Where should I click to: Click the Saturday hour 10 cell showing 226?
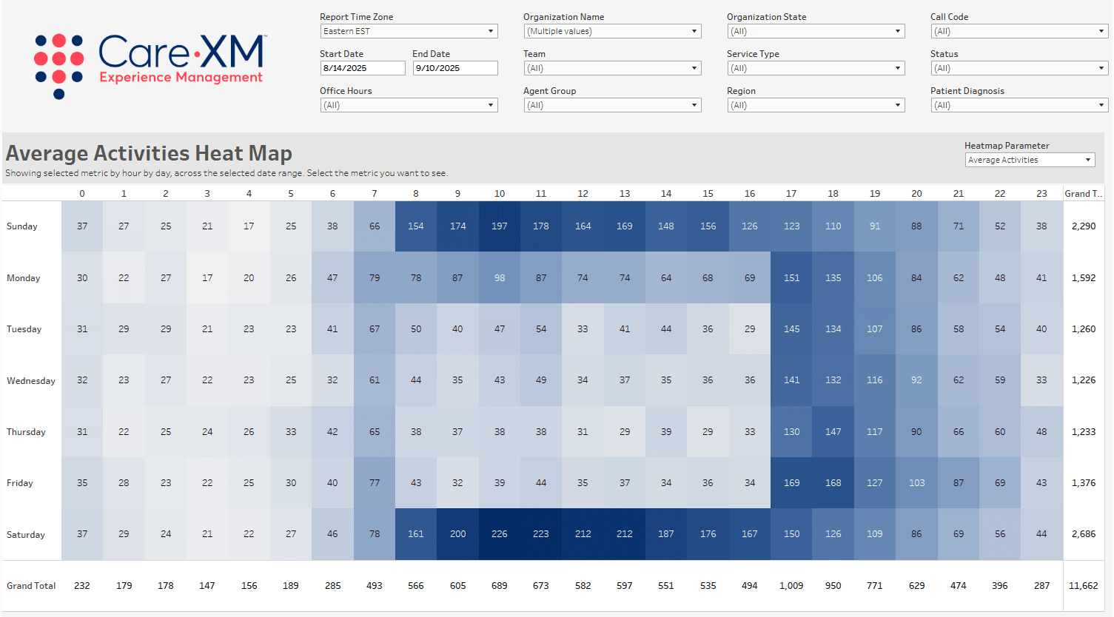[x=500, y=534]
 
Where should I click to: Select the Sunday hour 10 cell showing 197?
[x=500, y=226]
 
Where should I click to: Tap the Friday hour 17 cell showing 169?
[x=791, y=483]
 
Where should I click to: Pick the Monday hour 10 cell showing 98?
[x=500, y=278]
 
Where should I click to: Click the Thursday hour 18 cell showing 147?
[x=833, y=432]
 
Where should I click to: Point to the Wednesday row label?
[x=31, y=381]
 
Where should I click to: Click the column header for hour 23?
[x=1041, y=194]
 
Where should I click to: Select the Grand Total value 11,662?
[x=1083, y=586]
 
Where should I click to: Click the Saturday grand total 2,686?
[x=1083, y=534]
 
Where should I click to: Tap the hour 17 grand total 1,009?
[x=791, y=586]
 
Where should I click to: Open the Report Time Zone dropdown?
[x=409, y=31]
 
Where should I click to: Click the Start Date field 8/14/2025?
[x=362, y=68]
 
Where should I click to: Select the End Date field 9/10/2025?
[x=454, y=68]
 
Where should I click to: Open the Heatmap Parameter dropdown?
[x=1030, y=160]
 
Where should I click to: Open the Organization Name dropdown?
[x=612, y=31]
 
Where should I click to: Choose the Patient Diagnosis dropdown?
[x=1019, y=105]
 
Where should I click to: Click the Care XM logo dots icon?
[x=59, y=65]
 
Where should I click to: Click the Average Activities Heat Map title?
[x=149, y=153]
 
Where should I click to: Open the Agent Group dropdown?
[x=612, y=105]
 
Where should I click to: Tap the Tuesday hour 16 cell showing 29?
[x=750, y=329]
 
